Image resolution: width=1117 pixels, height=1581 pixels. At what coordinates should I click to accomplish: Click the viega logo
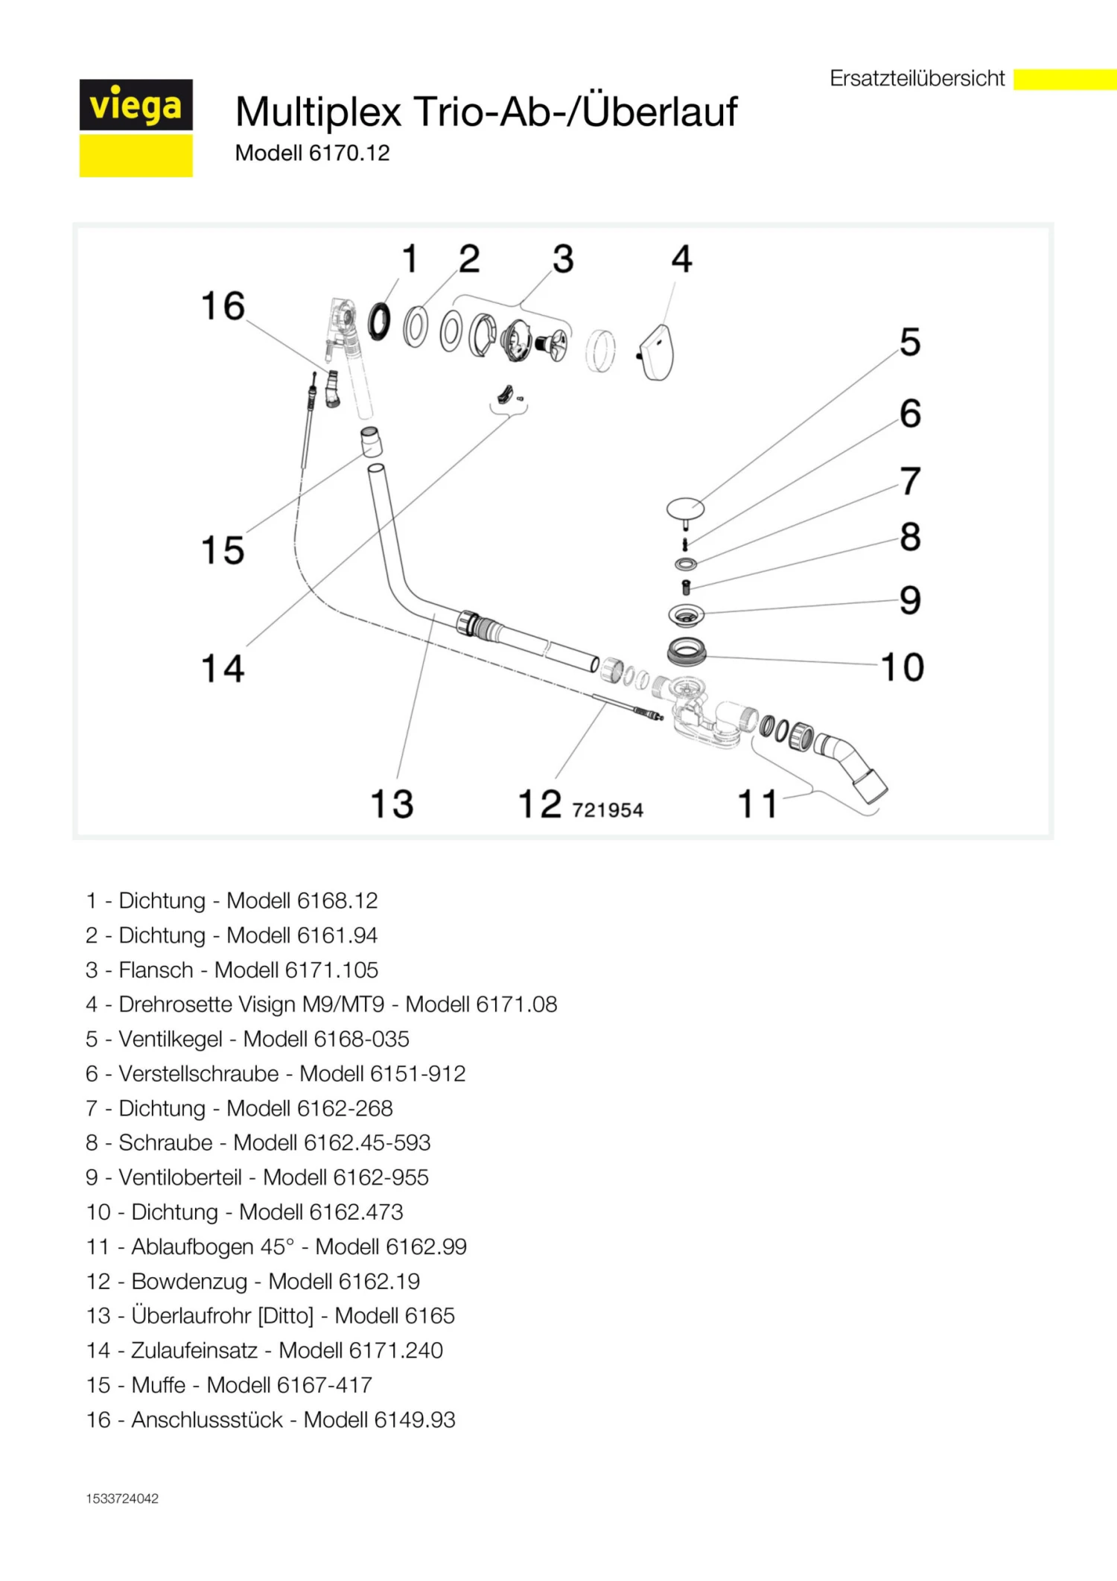[x=136, y=127]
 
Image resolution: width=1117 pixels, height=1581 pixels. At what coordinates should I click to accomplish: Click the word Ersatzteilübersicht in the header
[x=917, y=78]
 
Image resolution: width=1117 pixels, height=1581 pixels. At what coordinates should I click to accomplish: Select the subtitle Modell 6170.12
[x=312, y=153]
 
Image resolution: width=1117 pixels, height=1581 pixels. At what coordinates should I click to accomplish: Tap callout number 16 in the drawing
[x=223, y=306]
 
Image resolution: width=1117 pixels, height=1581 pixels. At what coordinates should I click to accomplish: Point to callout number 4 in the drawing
[x=681, y=259]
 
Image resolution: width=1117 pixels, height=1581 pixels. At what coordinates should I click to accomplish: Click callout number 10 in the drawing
[x=903, y=667]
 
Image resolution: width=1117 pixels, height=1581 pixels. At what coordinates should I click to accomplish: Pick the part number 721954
[x=608, y=809]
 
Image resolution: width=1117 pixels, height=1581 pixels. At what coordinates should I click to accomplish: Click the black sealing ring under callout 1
[x=379, y=321]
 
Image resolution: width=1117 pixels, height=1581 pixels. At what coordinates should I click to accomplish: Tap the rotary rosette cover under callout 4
[x=656, y=352]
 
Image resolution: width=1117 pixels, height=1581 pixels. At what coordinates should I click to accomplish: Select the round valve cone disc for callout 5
[x=685, y=509]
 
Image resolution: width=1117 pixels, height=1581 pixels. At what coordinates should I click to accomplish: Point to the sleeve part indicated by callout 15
[x=372, y=441]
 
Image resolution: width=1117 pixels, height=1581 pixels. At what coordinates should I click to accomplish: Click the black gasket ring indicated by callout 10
[x=687, y=652]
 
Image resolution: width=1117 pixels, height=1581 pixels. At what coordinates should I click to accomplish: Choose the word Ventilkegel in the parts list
[x=171, y=1039]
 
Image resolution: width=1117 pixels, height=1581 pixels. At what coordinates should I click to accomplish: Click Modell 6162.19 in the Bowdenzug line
[x=344, y=1281]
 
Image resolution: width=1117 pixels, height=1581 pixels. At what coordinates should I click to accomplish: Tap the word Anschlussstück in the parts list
[x=207, y=1419]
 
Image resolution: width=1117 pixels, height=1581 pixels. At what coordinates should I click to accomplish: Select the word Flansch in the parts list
[x=156, y=970]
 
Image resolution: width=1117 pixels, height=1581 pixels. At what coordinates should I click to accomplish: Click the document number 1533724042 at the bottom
[x=122, y=1498]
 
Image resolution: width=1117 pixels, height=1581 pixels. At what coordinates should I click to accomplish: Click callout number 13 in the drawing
[x=392, y=804]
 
